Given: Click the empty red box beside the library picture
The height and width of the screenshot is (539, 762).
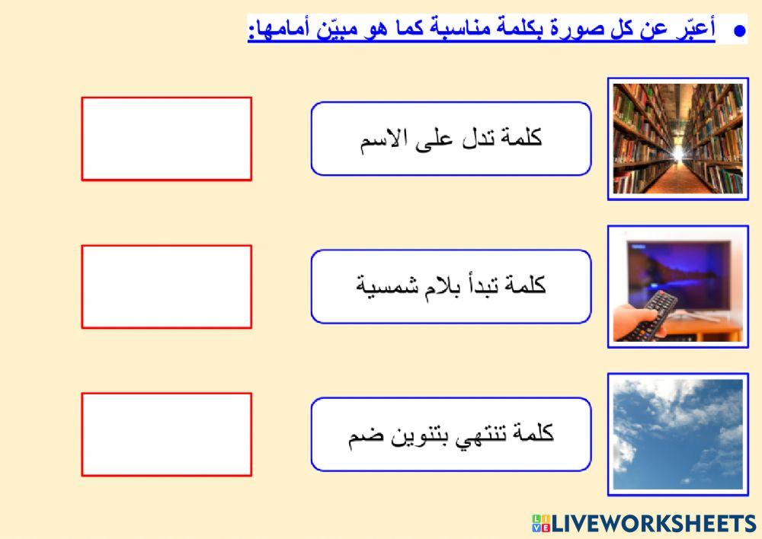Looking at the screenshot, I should (x=166, y=139).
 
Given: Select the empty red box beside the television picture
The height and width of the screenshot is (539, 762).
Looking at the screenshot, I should (x=166, y=286).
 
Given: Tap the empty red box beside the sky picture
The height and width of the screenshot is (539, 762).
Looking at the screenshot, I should (x=166, y=434).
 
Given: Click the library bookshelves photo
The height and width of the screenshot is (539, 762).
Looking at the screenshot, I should (x=677, y=139).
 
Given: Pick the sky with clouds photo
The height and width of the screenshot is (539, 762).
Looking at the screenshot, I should (x=677, y=434).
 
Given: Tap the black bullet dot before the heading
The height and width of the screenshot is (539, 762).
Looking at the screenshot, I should (x=738, y=31).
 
